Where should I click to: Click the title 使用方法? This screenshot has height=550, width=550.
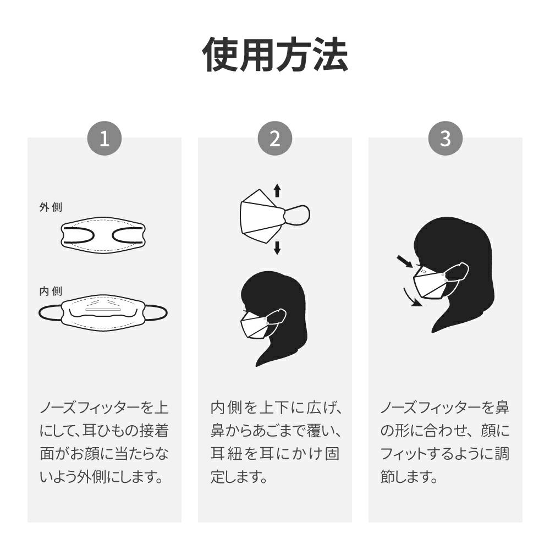click(275, 54)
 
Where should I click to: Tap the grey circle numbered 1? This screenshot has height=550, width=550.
click(105, 139)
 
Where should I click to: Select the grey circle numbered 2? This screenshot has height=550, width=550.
click(275, 139)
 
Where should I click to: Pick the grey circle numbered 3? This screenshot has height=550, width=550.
click(446, 139)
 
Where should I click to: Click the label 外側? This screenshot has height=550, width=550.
click(51, 207)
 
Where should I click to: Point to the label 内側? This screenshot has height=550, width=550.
click(51, 291)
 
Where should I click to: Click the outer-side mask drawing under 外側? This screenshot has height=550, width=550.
click(103, 234)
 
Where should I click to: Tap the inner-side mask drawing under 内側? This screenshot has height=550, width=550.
click(103, 313)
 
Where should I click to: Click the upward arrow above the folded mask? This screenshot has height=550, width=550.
click(277, 190)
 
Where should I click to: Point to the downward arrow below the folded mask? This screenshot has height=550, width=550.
click(277, 248)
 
